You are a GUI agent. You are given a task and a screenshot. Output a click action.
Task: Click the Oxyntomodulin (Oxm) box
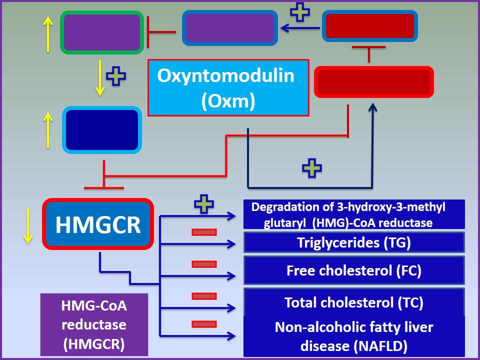228,87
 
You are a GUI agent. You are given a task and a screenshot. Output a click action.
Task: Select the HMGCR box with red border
97,224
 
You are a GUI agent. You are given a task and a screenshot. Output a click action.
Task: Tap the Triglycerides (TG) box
354,242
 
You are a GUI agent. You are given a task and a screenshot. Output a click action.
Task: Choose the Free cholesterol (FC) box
354,270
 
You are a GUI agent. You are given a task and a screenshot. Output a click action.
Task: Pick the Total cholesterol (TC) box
354,302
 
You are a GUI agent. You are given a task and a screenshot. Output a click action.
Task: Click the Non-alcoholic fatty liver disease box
354,335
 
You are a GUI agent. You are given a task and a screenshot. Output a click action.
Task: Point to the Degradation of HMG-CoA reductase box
354,214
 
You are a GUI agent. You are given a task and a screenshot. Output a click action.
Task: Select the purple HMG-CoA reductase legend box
94,324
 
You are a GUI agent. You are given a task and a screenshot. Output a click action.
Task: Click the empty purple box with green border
102,32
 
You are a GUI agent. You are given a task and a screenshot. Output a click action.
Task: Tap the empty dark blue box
102,129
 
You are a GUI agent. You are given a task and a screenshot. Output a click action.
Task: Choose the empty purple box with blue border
229,28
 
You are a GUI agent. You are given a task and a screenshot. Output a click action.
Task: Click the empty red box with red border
374,81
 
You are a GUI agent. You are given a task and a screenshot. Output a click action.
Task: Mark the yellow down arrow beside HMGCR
28,225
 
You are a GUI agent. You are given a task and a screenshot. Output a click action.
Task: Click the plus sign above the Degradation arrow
203,204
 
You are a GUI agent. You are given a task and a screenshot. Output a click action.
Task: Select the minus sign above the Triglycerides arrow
203,232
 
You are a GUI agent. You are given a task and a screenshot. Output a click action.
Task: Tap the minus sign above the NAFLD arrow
203,324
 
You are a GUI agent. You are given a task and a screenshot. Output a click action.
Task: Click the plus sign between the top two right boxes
300,12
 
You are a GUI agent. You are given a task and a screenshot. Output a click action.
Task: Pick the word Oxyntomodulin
225,76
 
